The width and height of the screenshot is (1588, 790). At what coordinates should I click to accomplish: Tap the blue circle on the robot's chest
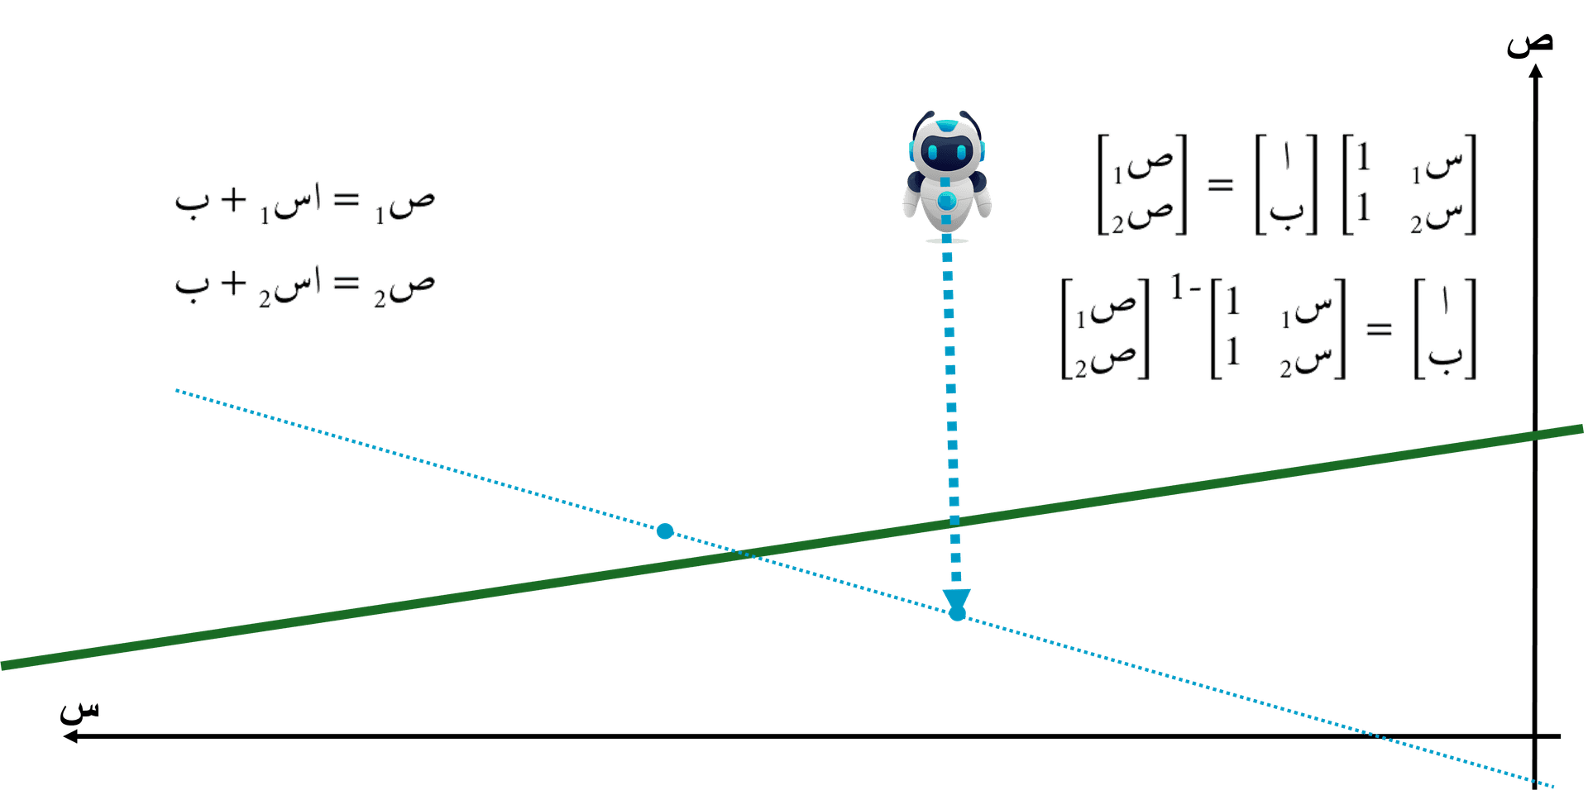coord(947,200)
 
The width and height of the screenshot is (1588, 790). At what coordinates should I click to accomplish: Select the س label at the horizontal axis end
coord(79,710)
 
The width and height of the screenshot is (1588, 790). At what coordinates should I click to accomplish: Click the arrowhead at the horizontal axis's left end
coord(71,736)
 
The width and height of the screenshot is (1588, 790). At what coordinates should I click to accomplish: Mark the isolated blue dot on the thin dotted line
coord(664,531)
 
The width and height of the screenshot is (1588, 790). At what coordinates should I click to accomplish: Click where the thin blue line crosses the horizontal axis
coord(1377,735)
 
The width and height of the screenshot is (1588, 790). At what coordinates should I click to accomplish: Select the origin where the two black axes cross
coord(1536,735)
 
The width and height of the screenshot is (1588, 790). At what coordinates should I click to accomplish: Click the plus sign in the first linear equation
coord(234,199)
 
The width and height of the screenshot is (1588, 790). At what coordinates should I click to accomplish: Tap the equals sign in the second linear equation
coord(347,284)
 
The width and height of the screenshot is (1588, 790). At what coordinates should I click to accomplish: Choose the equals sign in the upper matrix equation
coord(1220,184)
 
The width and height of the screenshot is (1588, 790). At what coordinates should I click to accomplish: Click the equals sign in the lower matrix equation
coord(1379,329)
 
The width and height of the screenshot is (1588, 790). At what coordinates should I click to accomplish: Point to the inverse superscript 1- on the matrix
coord(1184,288)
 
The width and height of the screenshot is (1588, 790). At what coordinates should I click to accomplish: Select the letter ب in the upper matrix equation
coord(1287,211)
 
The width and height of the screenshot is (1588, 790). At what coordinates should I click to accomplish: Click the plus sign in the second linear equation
coord(234,283)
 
